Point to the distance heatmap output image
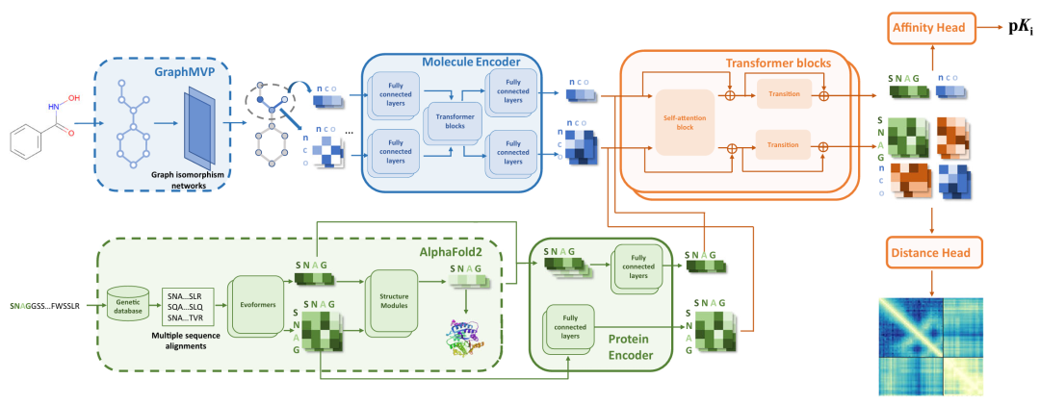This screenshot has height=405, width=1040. tap(931, 346)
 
